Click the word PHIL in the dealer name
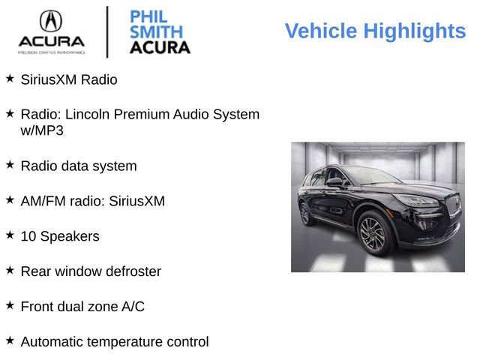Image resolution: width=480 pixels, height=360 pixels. (148, 16)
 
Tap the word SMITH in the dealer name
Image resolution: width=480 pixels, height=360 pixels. (156, 32)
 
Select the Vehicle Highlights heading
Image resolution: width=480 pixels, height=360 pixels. (375, 31)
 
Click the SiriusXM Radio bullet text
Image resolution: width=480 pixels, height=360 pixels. (69, 79)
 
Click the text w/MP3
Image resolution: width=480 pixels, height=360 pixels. (42, 130)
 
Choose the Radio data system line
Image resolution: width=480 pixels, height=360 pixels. (79, 166)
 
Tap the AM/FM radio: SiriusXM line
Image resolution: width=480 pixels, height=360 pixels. (92, 201)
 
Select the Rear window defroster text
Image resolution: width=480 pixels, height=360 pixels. (91, 271)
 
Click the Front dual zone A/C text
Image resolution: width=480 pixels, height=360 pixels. (82, 307)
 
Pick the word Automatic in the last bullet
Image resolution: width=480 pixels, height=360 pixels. (52, 342)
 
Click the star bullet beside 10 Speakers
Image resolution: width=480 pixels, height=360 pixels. (10, 235)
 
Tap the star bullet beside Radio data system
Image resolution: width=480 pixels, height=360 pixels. (10, 164)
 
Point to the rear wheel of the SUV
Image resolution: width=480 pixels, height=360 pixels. (306, 214)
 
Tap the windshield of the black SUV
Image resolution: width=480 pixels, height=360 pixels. (371, 176)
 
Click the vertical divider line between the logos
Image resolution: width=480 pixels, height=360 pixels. (107, 31)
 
